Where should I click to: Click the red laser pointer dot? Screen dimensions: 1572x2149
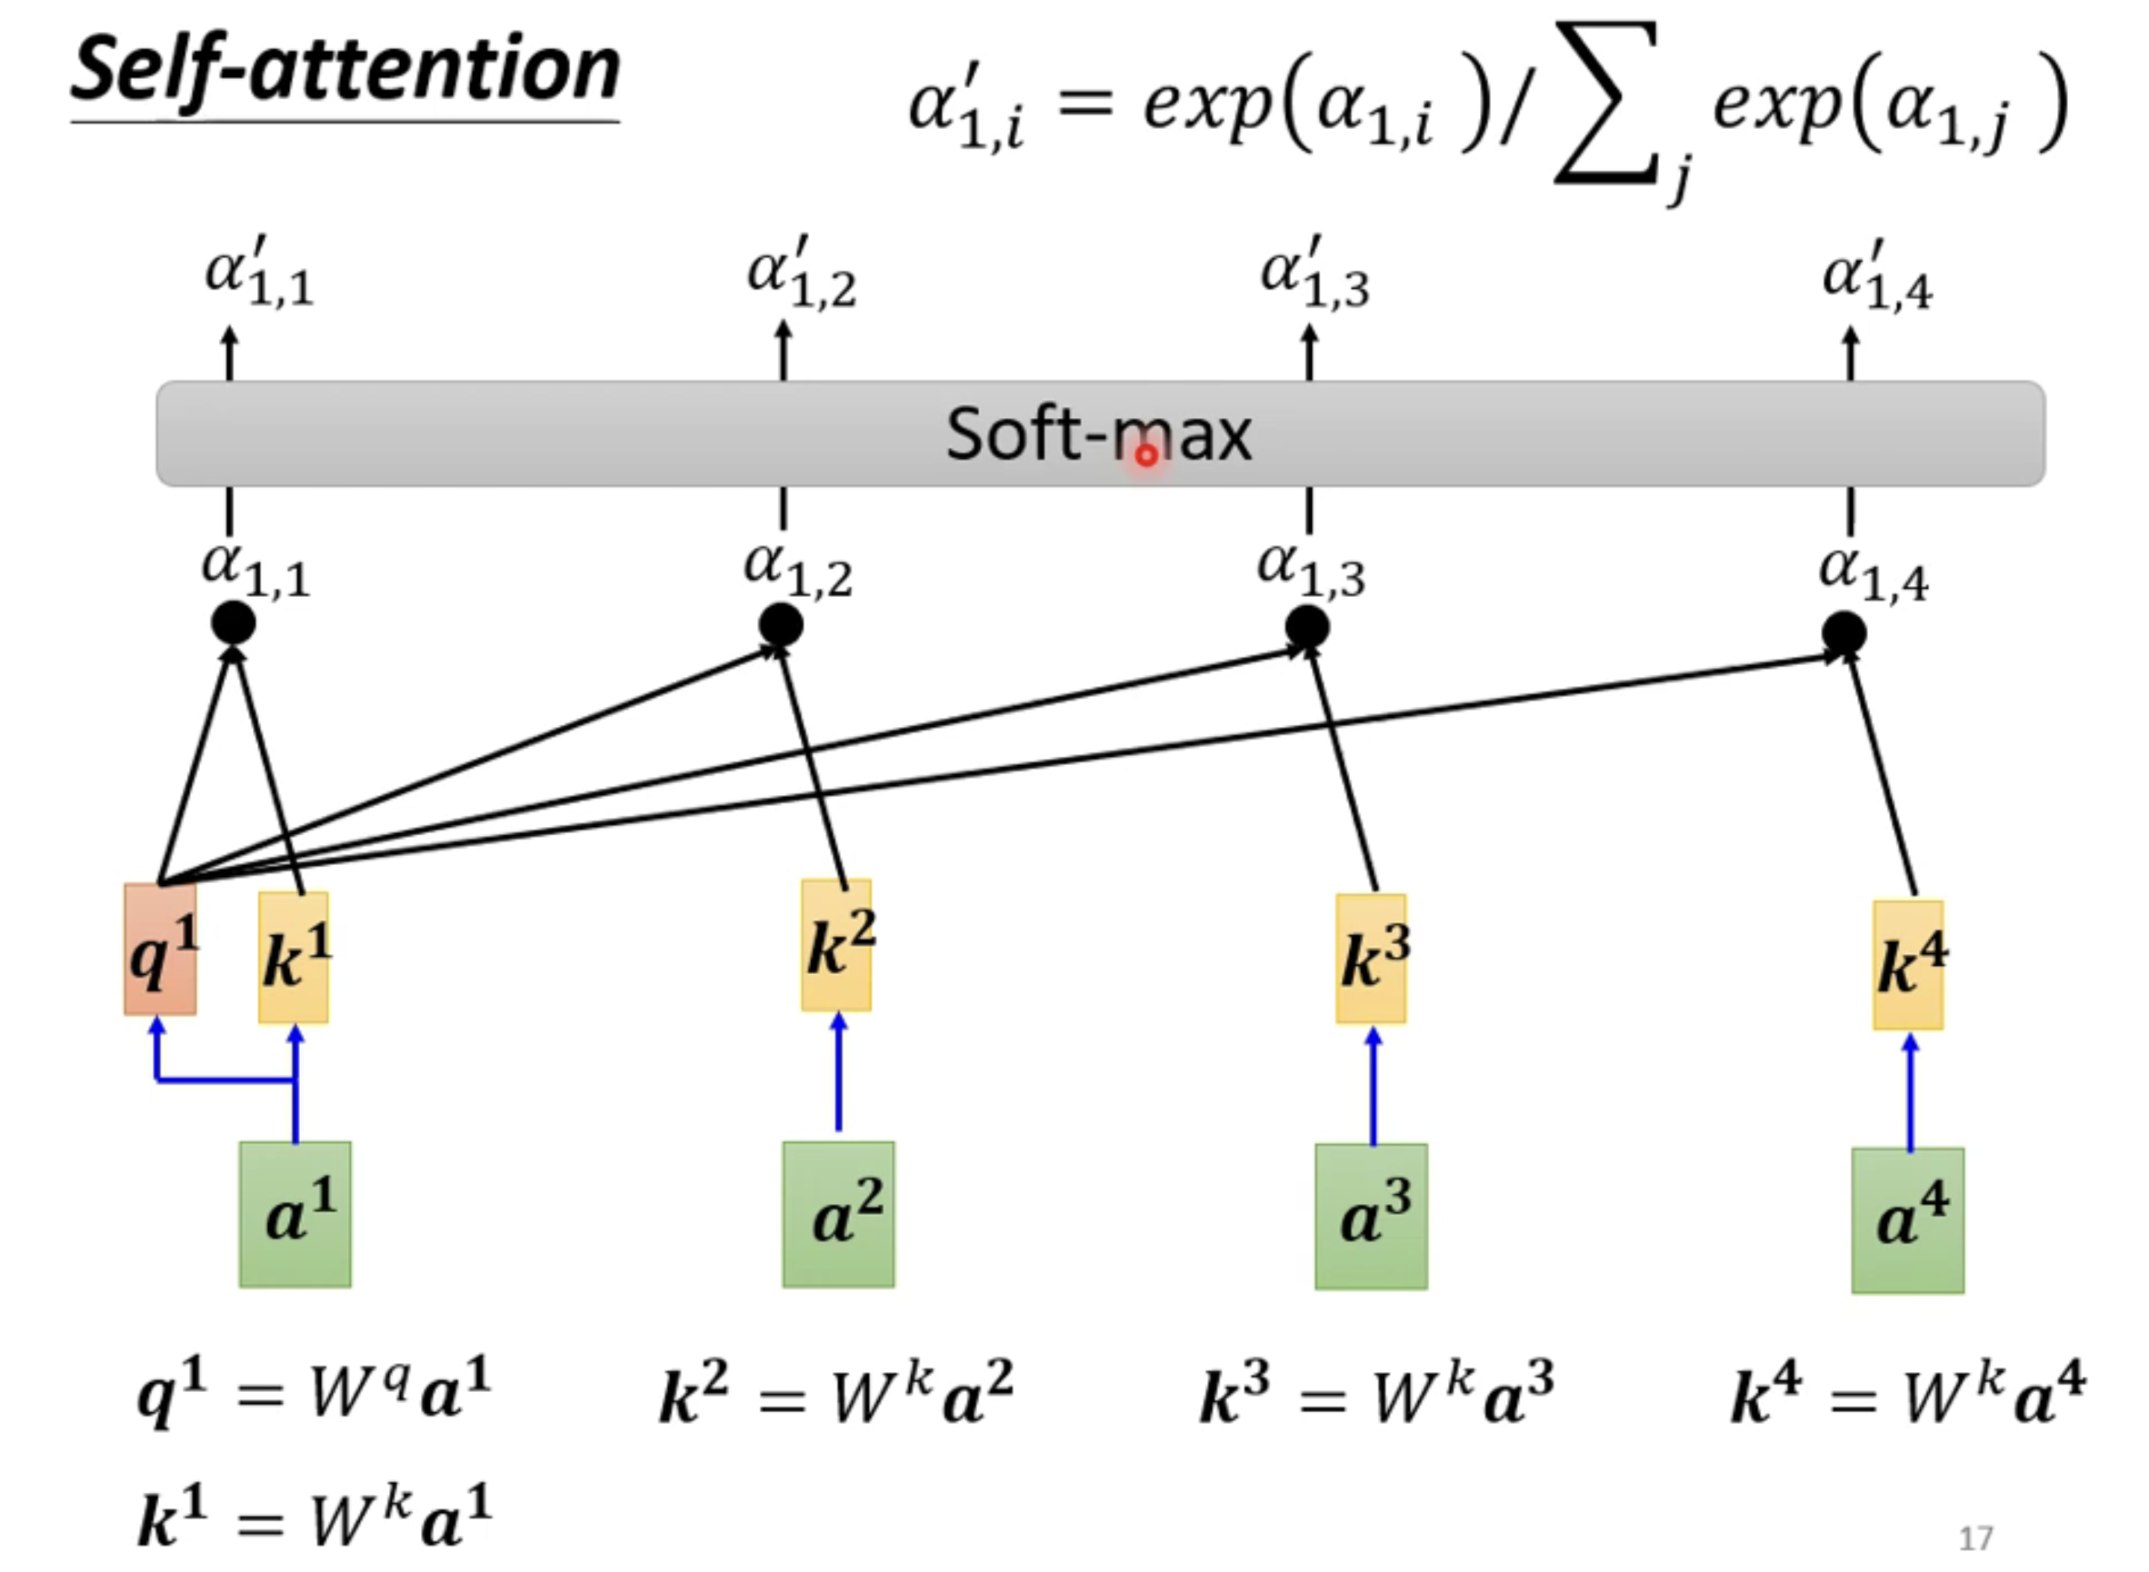click(1147, 456)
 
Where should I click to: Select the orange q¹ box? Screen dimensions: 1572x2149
click(160, 949)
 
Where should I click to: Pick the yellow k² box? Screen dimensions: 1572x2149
click(836, 945)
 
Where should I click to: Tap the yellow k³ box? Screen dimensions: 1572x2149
click(1372, 959)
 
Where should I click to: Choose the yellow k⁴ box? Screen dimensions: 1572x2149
click(1908, 964)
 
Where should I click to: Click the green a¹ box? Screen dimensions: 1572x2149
click(295, 1214)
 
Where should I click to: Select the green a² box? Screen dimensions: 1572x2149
click(838, 1214)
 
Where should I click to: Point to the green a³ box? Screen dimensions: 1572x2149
click(1372, 1216)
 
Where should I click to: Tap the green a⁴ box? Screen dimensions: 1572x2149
click(1907, 1220)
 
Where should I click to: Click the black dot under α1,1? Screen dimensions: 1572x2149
click(234, 624)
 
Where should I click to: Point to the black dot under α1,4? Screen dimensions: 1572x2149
click(1844, 633)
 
